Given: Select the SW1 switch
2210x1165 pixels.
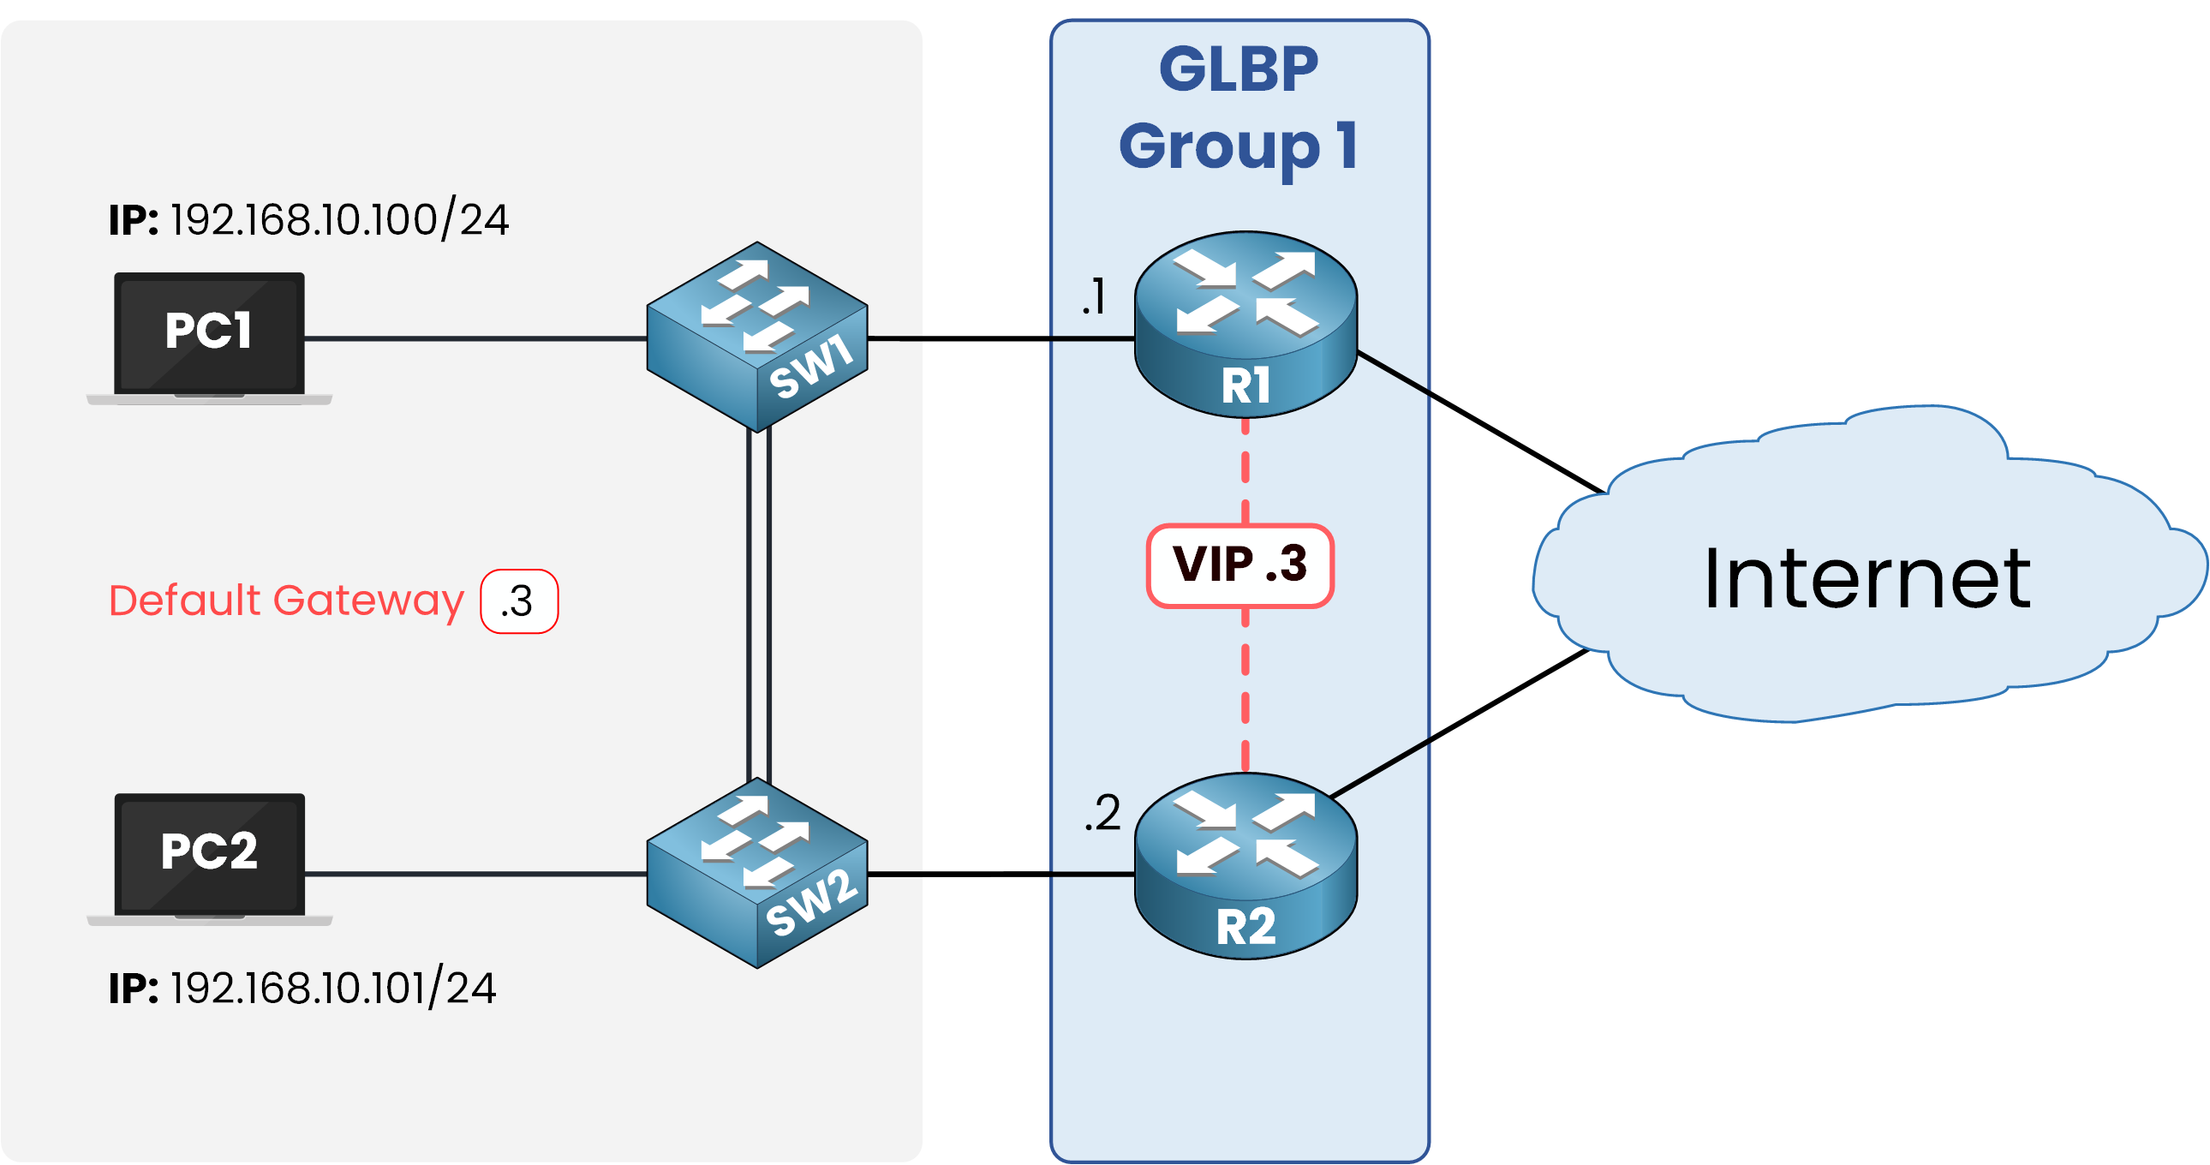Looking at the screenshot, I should tap(757, 337).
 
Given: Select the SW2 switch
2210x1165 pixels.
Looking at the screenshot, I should tap(757, 872).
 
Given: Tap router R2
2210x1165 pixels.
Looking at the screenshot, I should tap(1245, 865).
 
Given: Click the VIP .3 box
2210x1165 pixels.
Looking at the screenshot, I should tap(1240, 565).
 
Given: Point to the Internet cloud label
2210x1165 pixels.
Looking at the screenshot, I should tap(1867, 579).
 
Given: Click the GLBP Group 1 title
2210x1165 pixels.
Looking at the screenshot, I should tap(1239, 107).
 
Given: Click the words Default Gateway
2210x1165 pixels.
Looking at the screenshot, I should tap(286, 600).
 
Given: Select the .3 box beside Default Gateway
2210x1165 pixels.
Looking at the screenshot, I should tap(519, 601).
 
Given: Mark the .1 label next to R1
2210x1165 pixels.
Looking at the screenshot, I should tap(1094, 297).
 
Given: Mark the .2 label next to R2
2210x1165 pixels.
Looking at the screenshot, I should tap(1102, 812).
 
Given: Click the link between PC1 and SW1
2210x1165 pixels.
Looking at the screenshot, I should tap(476, 338).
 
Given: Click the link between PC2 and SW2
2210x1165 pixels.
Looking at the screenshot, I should tap(476, 875).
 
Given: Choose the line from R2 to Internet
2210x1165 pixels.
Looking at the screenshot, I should tap(1459, 723).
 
